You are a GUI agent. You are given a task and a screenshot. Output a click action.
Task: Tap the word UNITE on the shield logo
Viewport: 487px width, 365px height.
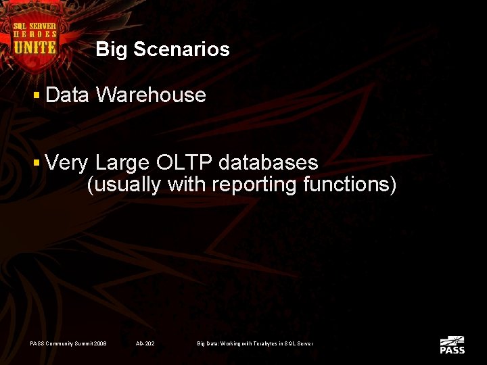(34, 47)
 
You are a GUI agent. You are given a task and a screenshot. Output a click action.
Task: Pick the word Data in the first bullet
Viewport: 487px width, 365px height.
(68, 95)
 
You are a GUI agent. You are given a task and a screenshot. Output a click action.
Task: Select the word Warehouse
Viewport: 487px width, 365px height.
(151, 95)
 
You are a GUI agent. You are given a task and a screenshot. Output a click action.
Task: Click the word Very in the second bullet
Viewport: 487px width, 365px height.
(68, 163)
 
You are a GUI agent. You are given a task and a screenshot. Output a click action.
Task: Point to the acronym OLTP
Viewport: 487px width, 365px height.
(183, 163)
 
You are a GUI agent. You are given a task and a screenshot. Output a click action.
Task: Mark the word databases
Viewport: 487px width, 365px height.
(268, 163)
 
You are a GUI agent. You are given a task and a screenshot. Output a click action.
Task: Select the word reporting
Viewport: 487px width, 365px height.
(254, 185)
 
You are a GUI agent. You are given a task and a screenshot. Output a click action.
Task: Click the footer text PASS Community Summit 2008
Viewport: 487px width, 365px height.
(68, 344)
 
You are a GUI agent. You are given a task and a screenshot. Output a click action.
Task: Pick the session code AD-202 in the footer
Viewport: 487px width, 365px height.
(145, 344)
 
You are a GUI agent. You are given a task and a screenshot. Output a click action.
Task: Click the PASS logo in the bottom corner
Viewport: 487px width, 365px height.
(452, 345)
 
